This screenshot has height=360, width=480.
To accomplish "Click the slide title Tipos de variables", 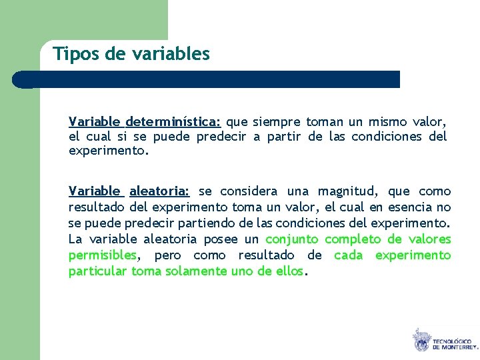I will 131,53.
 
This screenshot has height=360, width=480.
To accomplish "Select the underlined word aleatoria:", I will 159,191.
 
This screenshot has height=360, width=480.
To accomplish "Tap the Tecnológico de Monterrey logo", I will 444,340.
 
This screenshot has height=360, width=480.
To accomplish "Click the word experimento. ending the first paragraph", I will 109,151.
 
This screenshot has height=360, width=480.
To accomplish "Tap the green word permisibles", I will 102,255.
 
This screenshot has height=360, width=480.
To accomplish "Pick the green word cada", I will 348,255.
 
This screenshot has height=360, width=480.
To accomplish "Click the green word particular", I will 97,271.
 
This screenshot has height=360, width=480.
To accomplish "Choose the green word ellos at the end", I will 289,271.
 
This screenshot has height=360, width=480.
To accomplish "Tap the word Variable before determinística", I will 94,122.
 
